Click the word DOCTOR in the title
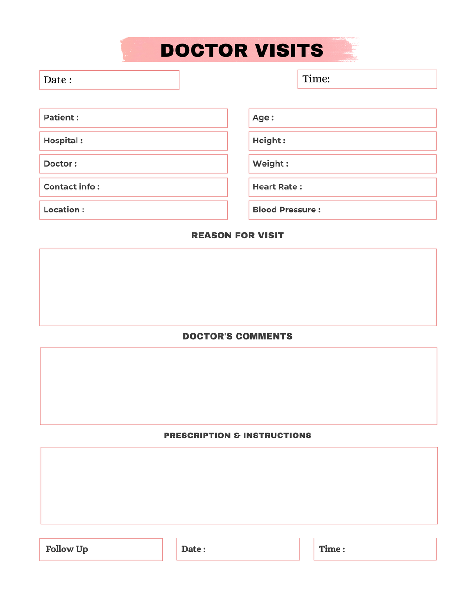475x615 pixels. pyautogui.click(x=204, y=50)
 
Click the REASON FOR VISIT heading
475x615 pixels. pyautogui.click(x=237, y=236)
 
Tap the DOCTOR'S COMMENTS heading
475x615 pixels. pyautogui.click(x=237, y=336)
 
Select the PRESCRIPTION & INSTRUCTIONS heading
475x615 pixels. pyautogui.click(x=237, y=436)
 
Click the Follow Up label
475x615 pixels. pyautogui.click(x=67, y=549)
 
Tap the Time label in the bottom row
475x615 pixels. pyautogui.click(x=332, y=549)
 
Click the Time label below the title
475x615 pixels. pyautogui.click(x=316, y=79)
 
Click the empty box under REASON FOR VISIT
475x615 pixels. pyautogui.click(x=238, y=287)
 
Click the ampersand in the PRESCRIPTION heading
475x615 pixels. pyautogui.click(x=237, y=436)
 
